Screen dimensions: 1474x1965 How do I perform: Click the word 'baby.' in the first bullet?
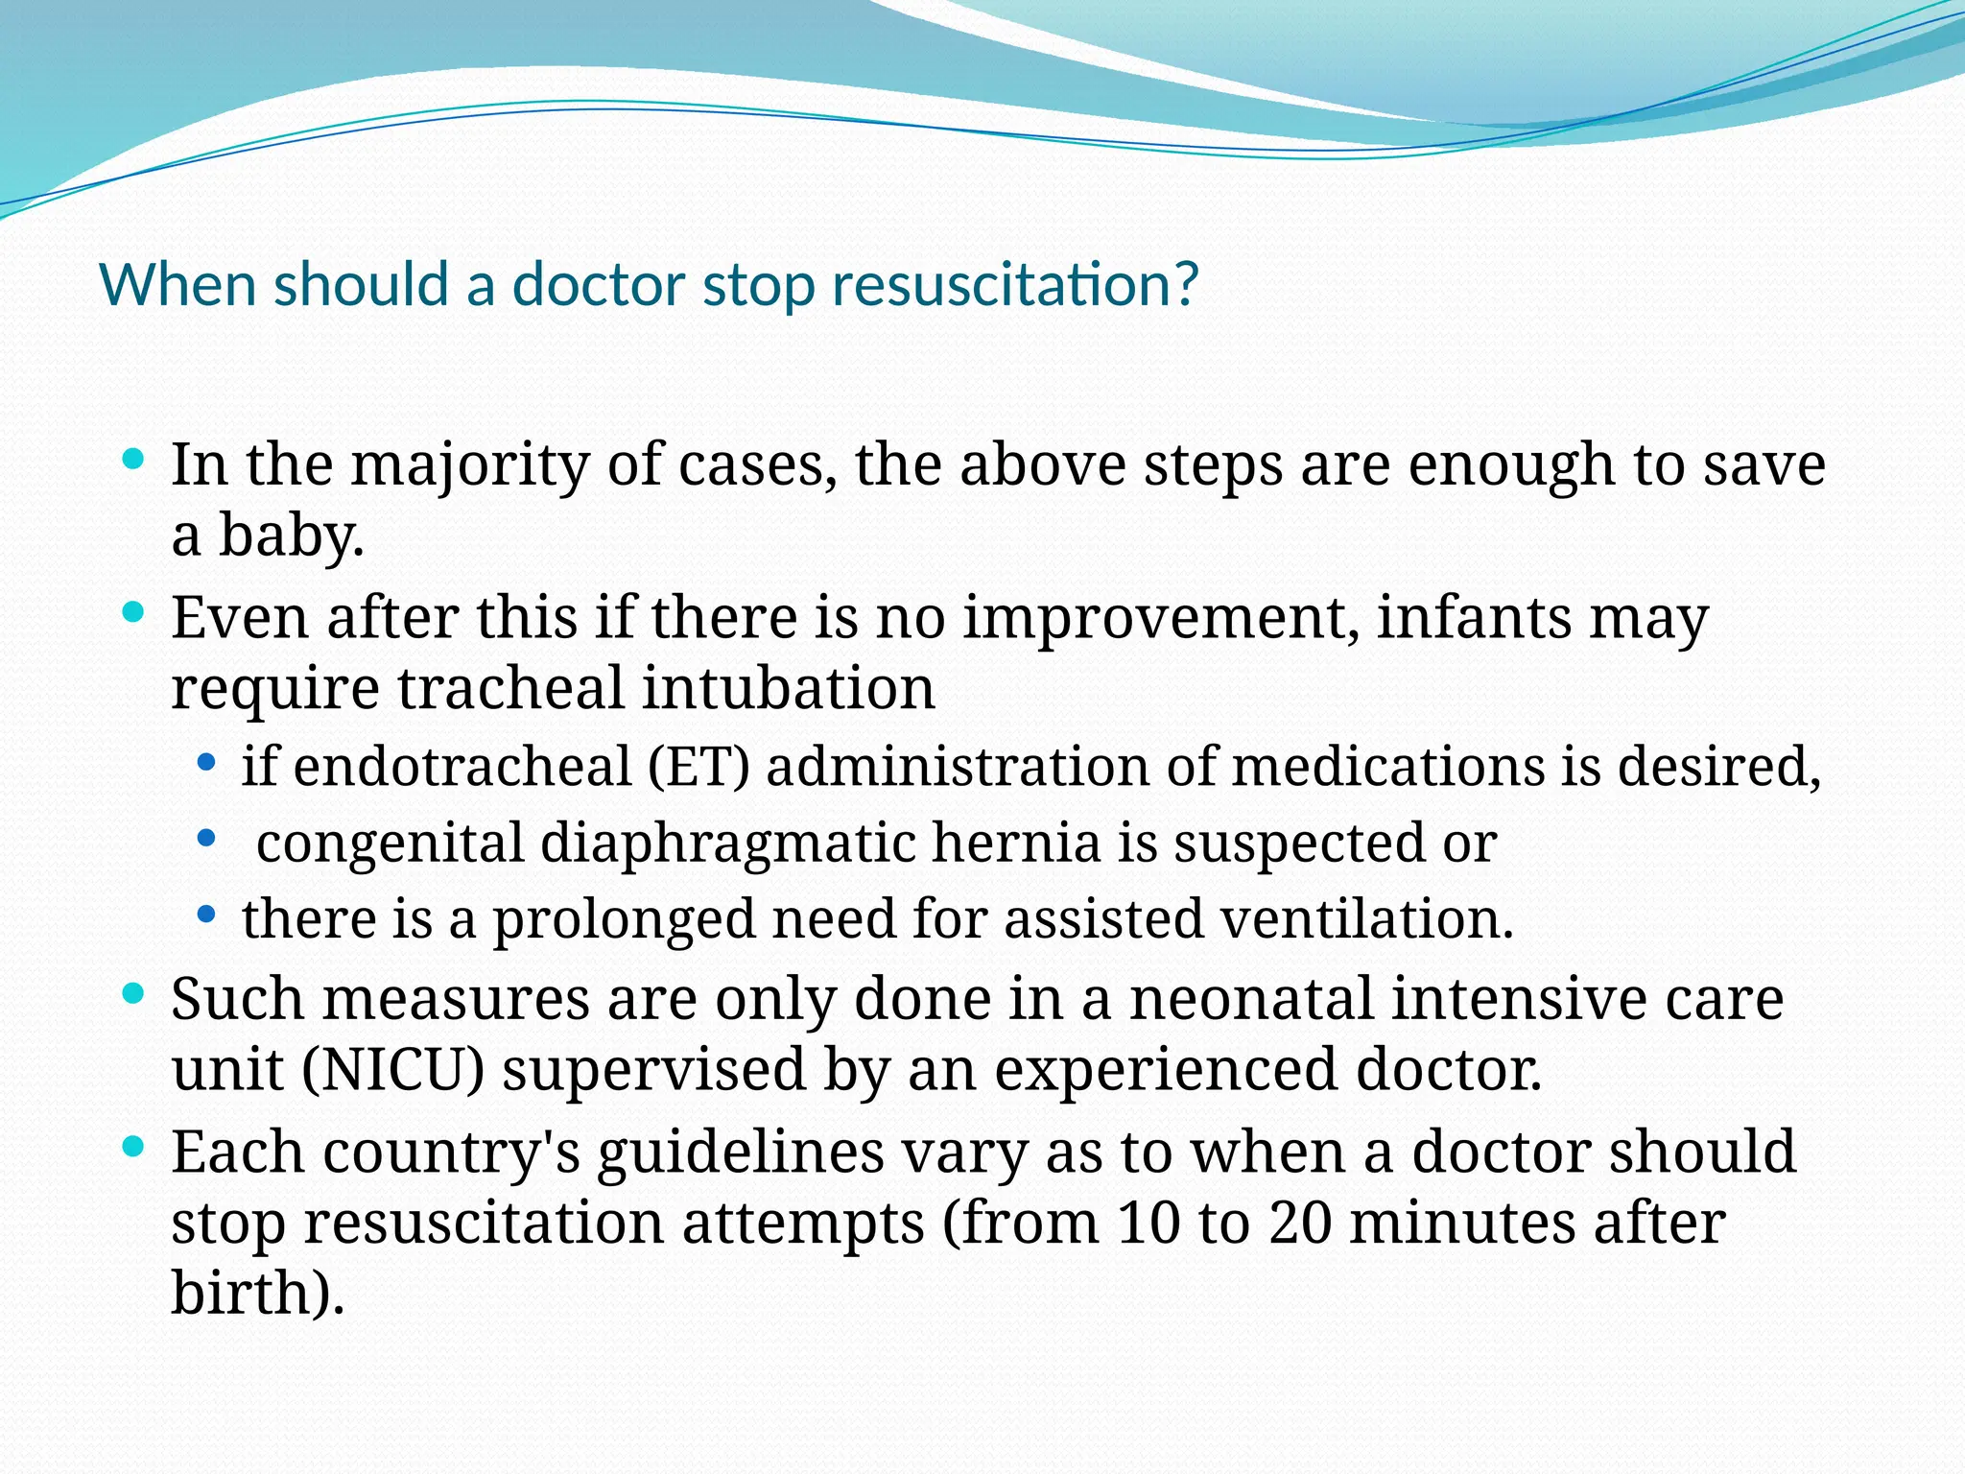point(292,535)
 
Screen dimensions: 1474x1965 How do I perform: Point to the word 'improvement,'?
point(1162,618)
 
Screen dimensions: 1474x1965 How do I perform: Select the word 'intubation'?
point(789,688)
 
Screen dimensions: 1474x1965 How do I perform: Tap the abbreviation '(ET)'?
point(698,767)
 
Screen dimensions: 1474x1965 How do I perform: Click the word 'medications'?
point(1386,767)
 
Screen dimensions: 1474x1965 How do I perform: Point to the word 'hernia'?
point(1016,844)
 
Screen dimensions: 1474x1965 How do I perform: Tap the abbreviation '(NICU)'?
point(393,1070)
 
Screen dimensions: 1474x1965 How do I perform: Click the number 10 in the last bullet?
point(1148,1224)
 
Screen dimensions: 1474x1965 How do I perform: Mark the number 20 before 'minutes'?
point(1300,1224)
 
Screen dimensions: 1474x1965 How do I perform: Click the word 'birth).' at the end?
point(257,1293)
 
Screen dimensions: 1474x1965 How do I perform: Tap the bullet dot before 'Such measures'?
point(134,991)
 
